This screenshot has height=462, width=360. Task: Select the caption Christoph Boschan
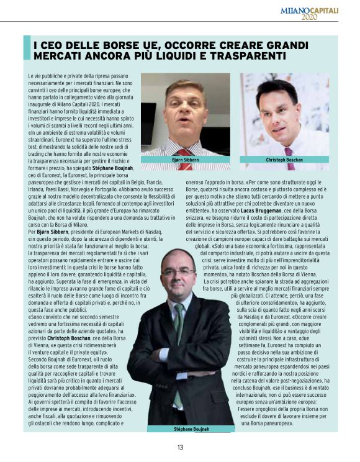(x=284, y=160)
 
